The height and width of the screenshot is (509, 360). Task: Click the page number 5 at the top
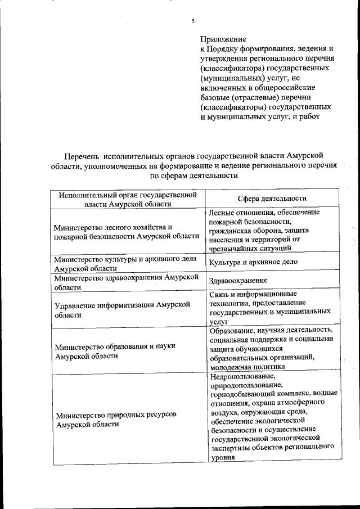(x=192, y=21)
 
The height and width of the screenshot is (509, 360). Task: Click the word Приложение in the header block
(x=223, y=39)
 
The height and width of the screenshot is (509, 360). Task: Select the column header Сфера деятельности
(x=272, y=199)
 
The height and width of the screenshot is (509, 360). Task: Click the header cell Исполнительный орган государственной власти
(x=127, y=199)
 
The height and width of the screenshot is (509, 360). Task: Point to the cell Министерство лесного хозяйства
(x=127, y=231)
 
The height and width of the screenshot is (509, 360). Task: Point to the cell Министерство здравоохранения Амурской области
(x=127, y=282)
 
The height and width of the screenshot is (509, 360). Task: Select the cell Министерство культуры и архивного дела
(x=124, y=263)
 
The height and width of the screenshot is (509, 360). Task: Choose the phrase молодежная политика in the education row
(x=247, y=366)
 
